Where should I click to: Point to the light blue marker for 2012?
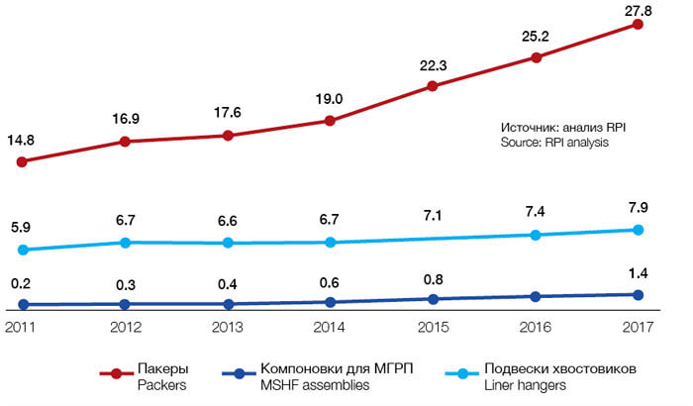(125, 242)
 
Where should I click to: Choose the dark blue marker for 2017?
(638, 294)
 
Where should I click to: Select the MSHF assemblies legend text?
(314, 385)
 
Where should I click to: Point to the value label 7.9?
(638, 208)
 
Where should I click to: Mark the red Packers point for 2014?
(330, 121)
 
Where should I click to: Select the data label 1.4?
(638, 271)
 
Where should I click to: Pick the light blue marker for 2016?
(536, 235)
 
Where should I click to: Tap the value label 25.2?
(536, 37)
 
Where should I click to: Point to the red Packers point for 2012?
(125, 142)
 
